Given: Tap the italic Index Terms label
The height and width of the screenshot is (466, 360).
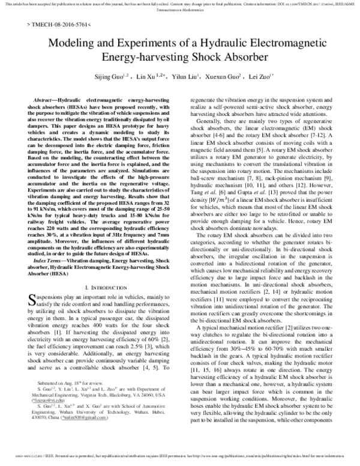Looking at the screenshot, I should [49, 262].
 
